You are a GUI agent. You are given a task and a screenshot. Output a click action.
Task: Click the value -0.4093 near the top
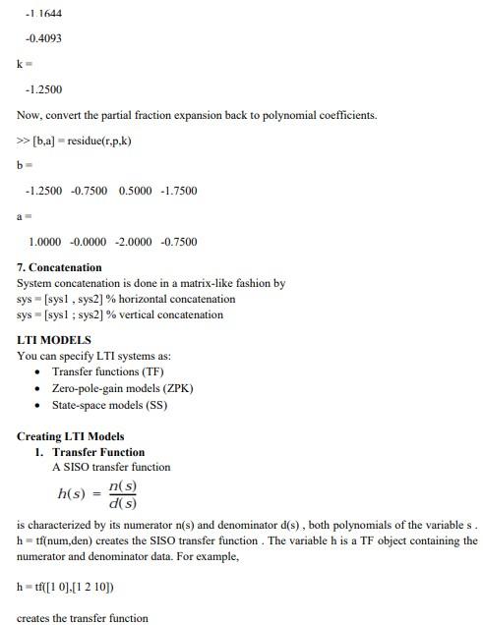43,38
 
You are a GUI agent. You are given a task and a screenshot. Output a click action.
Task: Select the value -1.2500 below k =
43,89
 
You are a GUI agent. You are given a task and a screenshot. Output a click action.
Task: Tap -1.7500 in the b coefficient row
178,191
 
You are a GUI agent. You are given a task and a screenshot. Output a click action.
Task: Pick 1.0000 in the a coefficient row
46,242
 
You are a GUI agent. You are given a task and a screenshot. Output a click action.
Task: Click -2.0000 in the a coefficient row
134,242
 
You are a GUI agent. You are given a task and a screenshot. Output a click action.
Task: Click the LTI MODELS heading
53,340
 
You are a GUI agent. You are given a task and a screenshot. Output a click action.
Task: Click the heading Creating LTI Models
71,436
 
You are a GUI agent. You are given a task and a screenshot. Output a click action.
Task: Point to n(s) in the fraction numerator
123,486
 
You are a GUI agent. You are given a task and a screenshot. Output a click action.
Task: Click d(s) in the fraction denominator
123,503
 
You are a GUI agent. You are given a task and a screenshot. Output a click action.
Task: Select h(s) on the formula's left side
76,494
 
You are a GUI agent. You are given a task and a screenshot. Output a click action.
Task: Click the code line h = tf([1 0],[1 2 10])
65,587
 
